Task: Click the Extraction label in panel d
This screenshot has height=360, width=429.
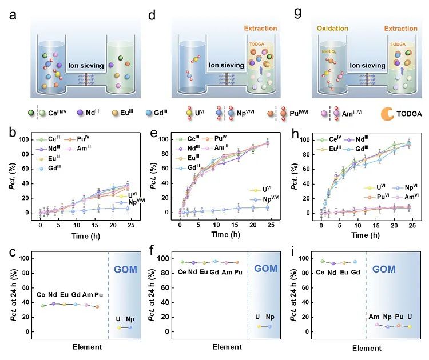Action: (260, 28)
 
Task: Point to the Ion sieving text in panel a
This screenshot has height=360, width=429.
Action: (87, 65)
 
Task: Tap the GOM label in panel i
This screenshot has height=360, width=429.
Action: (394, 269)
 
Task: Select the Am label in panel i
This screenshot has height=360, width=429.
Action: (374, 316)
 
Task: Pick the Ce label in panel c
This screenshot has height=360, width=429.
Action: (42, 295)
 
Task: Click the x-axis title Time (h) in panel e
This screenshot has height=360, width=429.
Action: (231, 235)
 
